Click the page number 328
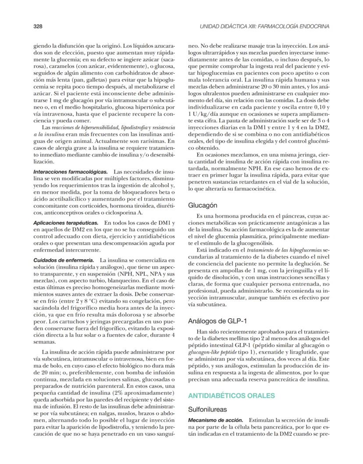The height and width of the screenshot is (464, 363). [38, 27]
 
